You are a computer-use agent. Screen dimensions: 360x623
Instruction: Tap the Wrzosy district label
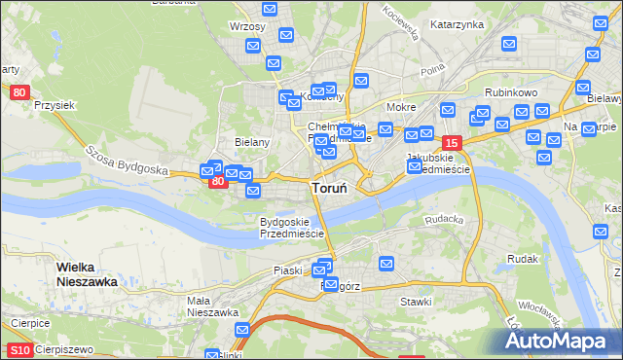247,26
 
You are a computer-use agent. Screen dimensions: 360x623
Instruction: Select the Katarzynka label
457,24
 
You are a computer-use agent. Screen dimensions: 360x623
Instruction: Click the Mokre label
401,107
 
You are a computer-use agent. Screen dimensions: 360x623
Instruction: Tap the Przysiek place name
55,105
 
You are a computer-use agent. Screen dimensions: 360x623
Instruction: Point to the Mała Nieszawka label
213,306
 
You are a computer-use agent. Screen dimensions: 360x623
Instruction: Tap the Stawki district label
416,302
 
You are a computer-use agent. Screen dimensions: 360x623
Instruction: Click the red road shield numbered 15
450,142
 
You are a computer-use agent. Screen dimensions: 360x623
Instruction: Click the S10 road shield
19,349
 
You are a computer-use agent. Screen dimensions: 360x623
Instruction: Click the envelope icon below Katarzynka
508,44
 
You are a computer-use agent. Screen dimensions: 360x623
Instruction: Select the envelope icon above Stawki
386,263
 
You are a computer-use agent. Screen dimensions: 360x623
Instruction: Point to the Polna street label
432,71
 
